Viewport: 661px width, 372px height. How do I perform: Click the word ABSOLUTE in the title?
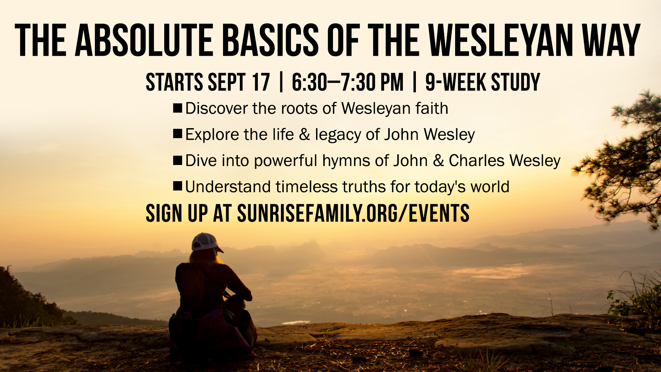point(145,40)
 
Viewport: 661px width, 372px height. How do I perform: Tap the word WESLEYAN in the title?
point(500,40)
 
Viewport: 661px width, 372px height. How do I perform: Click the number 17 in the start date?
point(261,82)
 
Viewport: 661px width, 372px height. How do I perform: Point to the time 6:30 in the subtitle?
point(309,82)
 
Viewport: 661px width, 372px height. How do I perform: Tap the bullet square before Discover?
point(178,108)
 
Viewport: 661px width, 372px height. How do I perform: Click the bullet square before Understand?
point(178,186)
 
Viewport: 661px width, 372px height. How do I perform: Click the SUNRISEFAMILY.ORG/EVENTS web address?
point(353,213)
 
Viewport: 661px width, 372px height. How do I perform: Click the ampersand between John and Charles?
point(438,161)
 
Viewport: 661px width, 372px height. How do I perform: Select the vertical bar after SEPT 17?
point(281,82)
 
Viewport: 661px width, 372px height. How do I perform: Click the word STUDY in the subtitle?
point(515,82)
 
